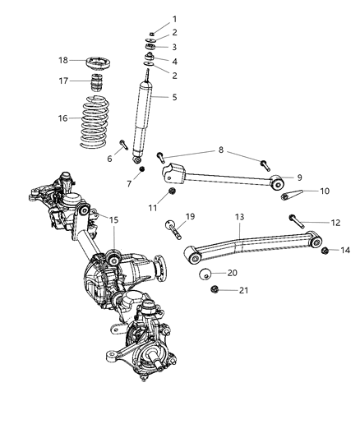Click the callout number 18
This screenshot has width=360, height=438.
coord(63,61)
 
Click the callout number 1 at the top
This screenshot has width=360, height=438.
coord(174,18)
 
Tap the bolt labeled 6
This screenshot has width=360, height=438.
coord(122,147)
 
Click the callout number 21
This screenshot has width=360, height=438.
coord(233,290)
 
